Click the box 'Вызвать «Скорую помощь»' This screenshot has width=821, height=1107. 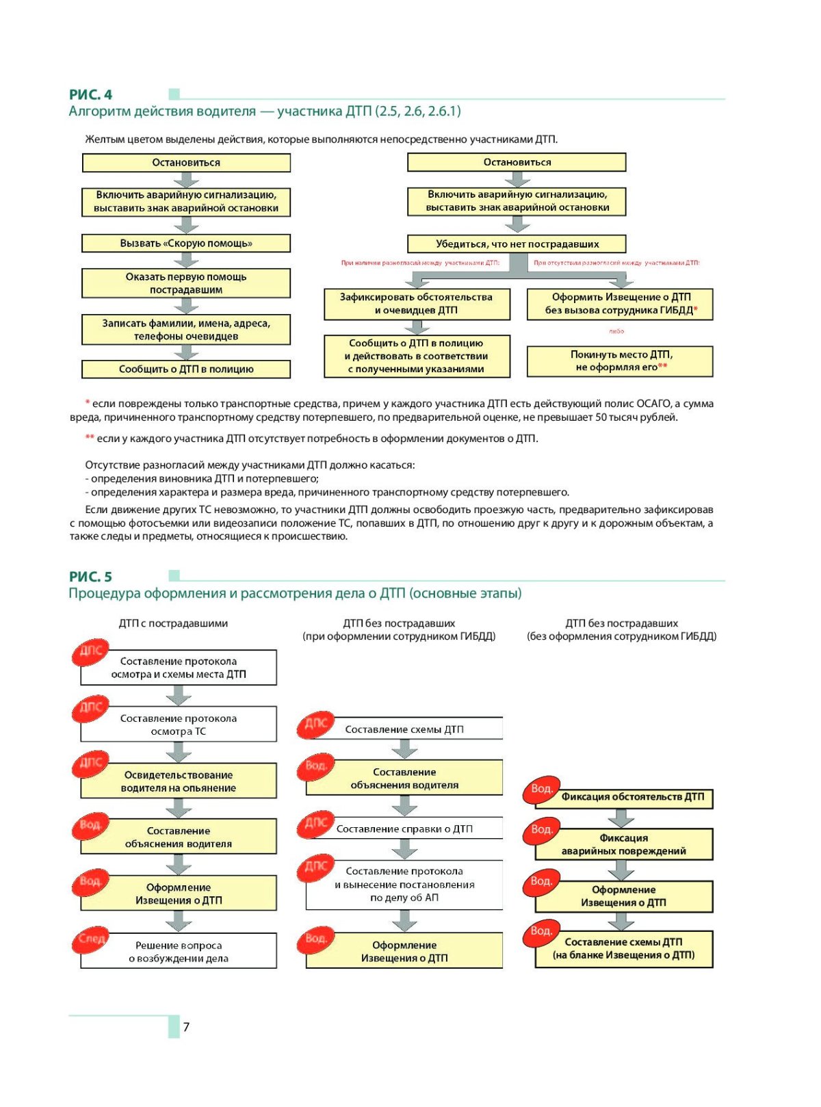186,244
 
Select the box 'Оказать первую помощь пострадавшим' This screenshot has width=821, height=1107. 186,283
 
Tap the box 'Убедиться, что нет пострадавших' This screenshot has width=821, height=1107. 517,244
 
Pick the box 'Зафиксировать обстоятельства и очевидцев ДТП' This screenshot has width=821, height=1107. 417,304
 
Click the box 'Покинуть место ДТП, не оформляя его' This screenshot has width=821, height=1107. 620,361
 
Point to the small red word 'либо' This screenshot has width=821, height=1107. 616,331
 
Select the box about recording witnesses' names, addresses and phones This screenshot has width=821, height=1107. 186,330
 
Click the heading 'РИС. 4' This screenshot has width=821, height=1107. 90,95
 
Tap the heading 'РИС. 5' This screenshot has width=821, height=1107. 90,577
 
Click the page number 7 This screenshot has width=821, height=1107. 186,1027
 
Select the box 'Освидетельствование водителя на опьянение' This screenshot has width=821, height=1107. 179,781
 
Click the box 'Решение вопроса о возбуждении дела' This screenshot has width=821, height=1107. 179,952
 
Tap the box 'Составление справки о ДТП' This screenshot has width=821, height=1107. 404,829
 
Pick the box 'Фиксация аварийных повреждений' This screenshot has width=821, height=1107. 623,845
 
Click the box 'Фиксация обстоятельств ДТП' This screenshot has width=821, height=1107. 631,798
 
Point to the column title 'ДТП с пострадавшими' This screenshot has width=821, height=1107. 173,624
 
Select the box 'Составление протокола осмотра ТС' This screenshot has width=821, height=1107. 179,725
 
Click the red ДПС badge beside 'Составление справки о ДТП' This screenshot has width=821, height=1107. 315,824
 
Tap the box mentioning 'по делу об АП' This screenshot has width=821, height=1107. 404,885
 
